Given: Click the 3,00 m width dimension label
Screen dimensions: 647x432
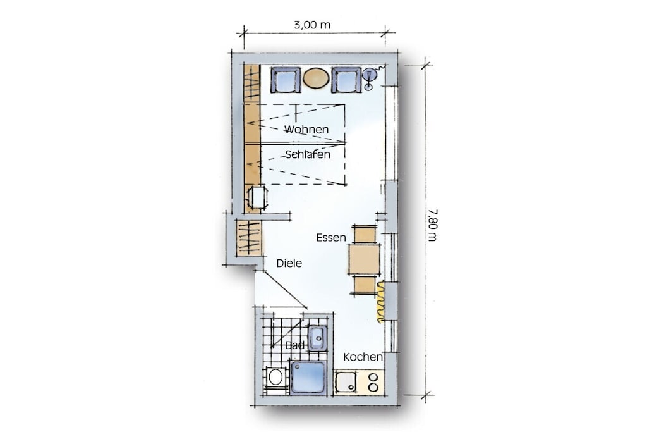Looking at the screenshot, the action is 312,25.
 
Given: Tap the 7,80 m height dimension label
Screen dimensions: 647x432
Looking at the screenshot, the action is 432,225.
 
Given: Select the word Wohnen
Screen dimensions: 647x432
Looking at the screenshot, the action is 306,129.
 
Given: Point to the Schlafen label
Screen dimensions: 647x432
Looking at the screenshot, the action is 308,154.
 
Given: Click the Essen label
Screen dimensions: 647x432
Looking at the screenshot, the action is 331,237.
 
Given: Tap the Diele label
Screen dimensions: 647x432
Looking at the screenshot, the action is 289,263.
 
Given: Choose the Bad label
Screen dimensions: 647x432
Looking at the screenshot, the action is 294,345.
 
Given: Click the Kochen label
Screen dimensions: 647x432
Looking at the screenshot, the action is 363,357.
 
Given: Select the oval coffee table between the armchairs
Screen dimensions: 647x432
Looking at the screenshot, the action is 316,78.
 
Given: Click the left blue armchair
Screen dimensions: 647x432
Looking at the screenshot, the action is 285,80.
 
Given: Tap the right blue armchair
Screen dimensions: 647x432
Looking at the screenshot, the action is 347,80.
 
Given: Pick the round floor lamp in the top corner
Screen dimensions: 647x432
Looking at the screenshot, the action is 369,76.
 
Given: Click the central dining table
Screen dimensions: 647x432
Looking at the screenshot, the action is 365,259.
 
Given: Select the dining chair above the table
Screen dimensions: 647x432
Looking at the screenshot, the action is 365,234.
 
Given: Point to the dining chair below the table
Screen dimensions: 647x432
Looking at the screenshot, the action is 365,286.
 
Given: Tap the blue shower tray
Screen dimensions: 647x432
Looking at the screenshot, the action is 308,377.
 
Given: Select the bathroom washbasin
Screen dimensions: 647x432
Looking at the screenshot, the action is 317,338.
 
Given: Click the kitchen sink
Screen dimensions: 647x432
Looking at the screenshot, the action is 346,382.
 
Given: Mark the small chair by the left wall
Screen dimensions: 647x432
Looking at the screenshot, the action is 257,198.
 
